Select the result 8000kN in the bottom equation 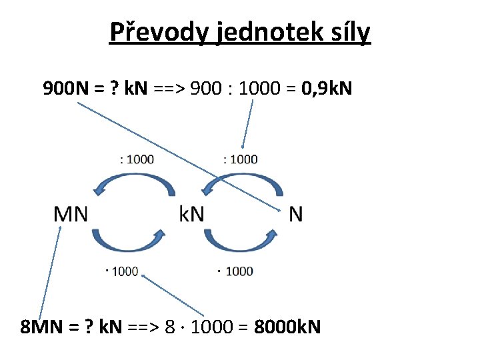click(288, 327)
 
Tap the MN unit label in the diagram click(70, 214)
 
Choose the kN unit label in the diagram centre click(192, 214)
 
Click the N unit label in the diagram click(296, 214)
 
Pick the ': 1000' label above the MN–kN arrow click(137, 159)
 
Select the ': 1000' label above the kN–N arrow click(241, 159)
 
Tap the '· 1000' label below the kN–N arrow click(236, 271)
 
